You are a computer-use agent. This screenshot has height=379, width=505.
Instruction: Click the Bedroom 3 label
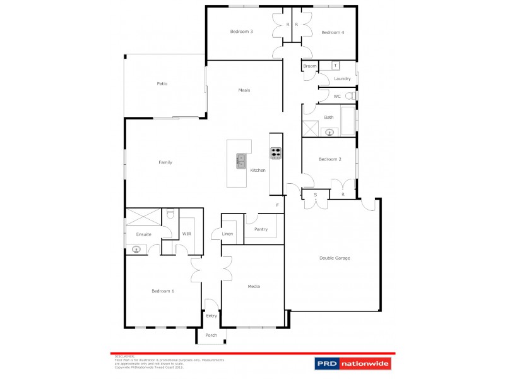coord(242,32)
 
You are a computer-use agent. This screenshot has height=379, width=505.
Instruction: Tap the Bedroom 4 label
coord(332,32)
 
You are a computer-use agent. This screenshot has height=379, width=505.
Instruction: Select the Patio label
coord(162,83)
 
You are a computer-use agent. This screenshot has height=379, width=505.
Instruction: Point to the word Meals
coord(244,90)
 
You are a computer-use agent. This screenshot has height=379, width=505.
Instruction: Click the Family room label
coord(165,162)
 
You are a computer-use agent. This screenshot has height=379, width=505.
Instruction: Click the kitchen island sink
coord(241,161)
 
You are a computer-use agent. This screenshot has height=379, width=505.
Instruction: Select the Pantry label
coord(261,229)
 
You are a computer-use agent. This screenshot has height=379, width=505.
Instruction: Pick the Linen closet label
coord(228,234)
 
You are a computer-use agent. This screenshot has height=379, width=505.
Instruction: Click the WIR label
coord(186,234)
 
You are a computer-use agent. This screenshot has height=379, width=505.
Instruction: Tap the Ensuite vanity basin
coord(136,250)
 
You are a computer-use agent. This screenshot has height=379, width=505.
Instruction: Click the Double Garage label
coord(335,258)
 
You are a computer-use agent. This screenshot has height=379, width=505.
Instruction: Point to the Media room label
coord(254,286)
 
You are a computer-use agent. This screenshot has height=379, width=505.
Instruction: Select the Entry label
coord(211,315)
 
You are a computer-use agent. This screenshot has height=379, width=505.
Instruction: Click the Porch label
coord(211,335)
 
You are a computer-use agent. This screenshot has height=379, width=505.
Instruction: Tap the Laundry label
coord(342,79)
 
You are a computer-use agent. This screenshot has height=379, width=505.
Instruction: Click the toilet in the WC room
coord(349,96)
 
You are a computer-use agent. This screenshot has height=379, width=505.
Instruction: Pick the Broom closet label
coord(309,66)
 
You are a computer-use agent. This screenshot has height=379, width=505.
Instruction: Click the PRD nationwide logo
coord(353,363)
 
